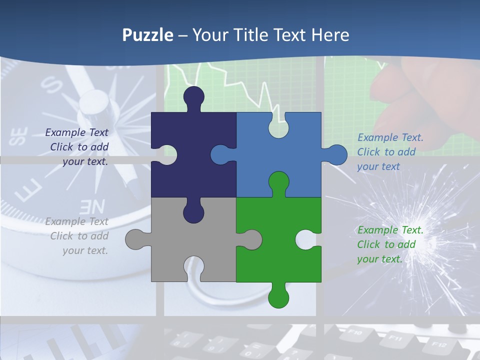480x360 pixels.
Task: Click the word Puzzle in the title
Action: tap(148, 35)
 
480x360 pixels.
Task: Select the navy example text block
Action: tap(78, 147)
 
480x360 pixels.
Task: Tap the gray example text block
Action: tap(78, 236)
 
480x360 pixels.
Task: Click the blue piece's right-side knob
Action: tap(336, 155)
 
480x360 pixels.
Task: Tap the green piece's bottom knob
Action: tap(278, 297)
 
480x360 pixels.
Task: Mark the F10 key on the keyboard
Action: tap(354, 331)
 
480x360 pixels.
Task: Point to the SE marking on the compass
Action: tap(18, 136)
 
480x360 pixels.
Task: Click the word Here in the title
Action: tap(330, 35)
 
